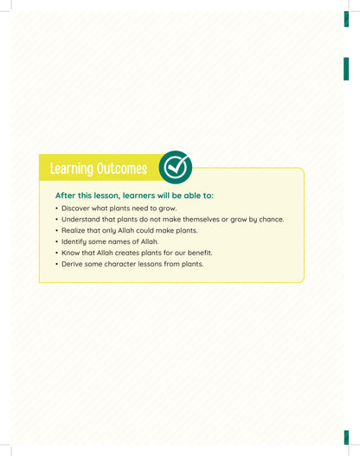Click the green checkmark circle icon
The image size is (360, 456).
(x=176, y=167)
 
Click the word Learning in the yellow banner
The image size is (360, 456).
(x=71, y=169)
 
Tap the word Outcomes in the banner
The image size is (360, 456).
(x=122, y=169)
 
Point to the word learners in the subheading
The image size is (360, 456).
(x=138, y=196)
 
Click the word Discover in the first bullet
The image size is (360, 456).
(x=75, y=209)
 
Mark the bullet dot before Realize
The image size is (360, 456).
(x=57, y=231)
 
